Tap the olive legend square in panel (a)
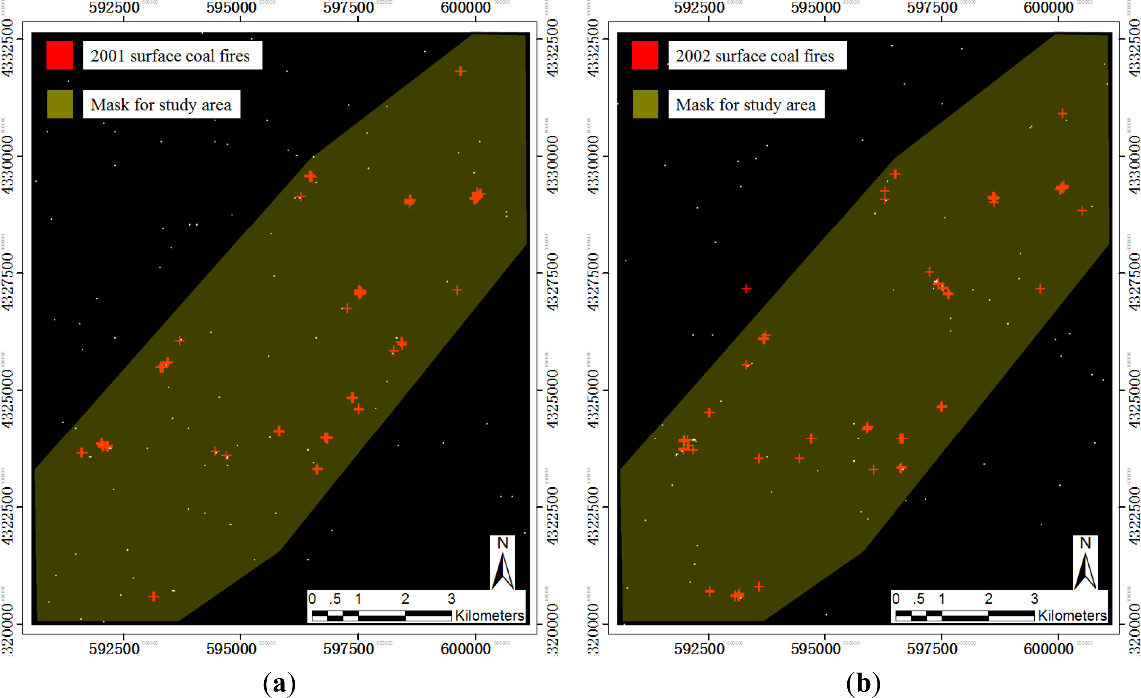[60, 104]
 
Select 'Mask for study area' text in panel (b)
[745, 105]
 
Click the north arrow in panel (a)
[502, 563]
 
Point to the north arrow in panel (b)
[1085, 563]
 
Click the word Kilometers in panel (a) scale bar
[489, 616]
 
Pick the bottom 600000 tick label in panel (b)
[1049, 649]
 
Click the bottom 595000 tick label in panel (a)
[231, 649]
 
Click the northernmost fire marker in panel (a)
[460, 71]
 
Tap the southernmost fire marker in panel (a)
[154, 596]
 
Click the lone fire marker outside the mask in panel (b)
[746, 289]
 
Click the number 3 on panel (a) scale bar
[452, 599]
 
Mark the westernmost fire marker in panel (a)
[82, 452]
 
